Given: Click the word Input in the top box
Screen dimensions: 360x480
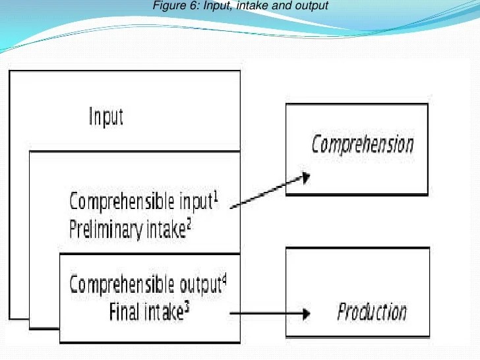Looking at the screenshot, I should [x=106, y=117].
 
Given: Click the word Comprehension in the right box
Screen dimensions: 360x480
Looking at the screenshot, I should [x=363, y=144].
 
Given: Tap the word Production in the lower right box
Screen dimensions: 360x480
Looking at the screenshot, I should [x=372, y=311].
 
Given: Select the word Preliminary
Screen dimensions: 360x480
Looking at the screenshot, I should [x=104, y=229].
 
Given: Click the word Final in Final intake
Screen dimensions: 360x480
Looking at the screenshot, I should [x=123, y=312].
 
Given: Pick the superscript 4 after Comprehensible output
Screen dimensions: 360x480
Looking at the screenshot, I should [x=224, y=280].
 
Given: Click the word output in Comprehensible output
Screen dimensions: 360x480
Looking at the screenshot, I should [x=200, y=285].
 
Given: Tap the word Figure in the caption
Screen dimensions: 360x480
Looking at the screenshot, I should [x=165, y=7].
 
